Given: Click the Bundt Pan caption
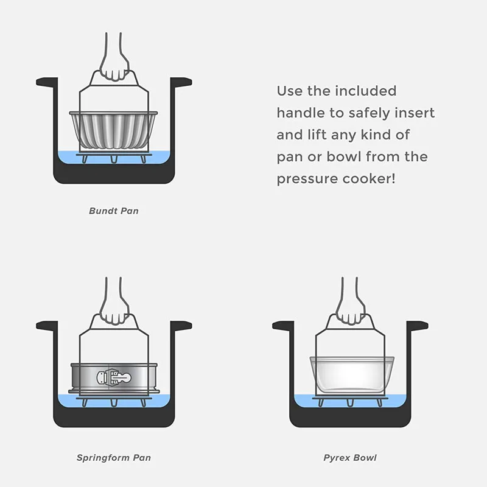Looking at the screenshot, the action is click(114, 211).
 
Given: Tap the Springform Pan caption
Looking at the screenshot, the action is click(114, 458).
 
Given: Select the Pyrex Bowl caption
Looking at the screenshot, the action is click(350, 458).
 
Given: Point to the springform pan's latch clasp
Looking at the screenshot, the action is click(114, 377).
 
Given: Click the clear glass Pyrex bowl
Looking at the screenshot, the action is click(352, 374).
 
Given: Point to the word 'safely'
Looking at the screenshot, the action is click(369, 113).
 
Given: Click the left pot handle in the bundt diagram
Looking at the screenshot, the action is click(47, 82).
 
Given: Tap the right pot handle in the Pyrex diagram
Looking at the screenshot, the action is click(418, 326).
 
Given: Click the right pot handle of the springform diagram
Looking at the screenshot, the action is click(181, 326).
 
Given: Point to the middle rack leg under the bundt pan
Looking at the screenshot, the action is click(114, 159).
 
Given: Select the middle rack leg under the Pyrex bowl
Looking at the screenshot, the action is click(351, 402).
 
